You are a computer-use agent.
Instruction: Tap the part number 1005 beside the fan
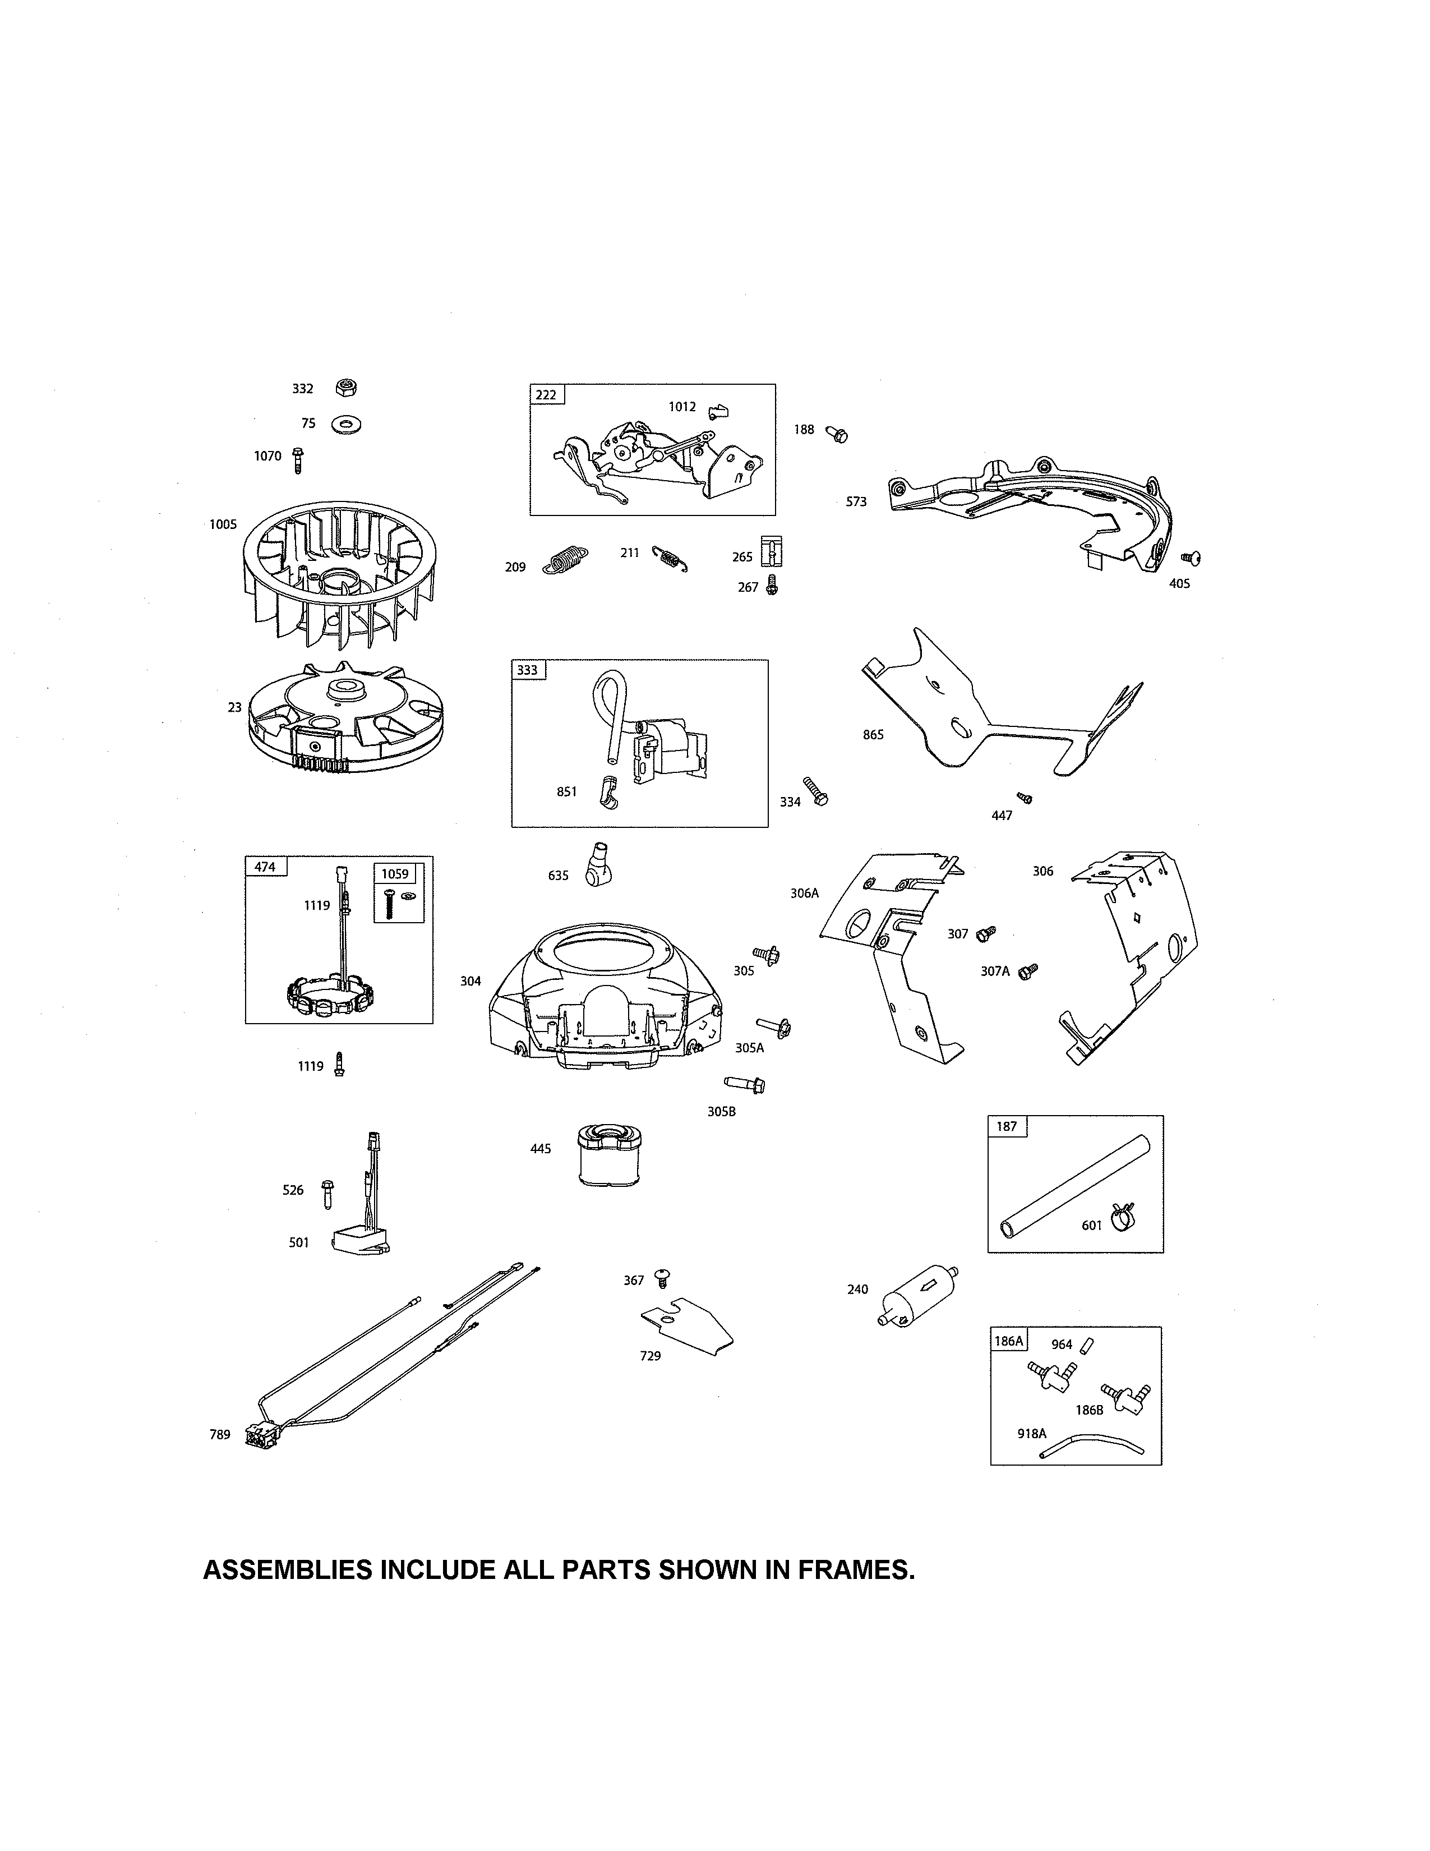pyautogui.click(x=223, y=524)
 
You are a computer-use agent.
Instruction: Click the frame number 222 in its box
pyautogui.click(x=546, y=395)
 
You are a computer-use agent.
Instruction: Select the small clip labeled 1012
pyautogui.click(x=718, y=411)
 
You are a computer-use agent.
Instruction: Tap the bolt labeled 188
pyautogui.click(x=837, y=434)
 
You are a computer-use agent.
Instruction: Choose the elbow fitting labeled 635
pyautogui.click(x=598, y=864)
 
